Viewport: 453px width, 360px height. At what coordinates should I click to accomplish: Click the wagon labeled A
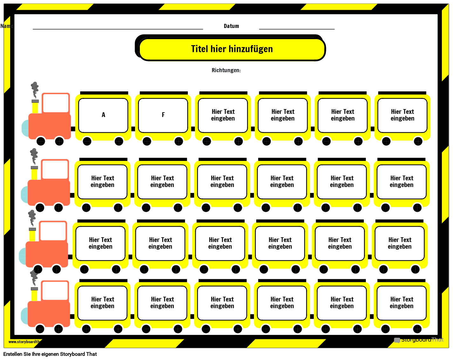coord(103,115)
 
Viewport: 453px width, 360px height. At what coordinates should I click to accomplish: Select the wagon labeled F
coord(163,115)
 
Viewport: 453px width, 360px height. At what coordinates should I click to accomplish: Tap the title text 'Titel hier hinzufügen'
coord(232,49)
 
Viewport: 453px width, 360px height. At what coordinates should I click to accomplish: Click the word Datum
coord(231,26)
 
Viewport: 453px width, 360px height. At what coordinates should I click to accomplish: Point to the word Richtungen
coord(226,70)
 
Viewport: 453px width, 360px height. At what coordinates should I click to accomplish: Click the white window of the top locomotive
coord(56,103)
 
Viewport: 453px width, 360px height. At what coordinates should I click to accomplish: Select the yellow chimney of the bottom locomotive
coord(34,295)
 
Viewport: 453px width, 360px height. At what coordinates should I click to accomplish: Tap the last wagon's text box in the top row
coord(402,115)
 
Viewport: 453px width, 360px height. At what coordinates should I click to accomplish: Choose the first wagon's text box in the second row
coord(102,182)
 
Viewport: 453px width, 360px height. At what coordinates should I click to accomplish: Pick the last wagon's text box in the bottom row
coord(402,303)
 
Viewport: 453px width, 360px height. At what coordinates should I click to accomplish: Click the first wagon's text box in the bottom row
coord(102,303)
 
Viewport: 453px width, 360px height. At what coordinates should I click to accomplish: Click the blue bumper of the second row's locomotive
coord(24,194)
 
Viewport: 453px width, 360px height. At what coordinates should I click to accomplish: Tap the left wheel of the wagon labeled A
coord(87,141)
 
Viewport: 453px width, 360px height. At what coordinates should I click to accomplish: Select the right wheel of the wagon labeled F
coord(179,141)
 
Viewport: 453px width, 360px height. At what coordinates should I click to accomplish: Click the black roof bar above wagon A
coord(104,93)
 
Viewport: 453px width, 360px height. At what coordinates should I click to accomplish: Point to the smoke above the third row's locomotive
coord(32,218)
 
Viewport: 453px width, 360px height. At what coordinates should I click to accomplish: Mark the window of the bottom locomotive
coord(55,291)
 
